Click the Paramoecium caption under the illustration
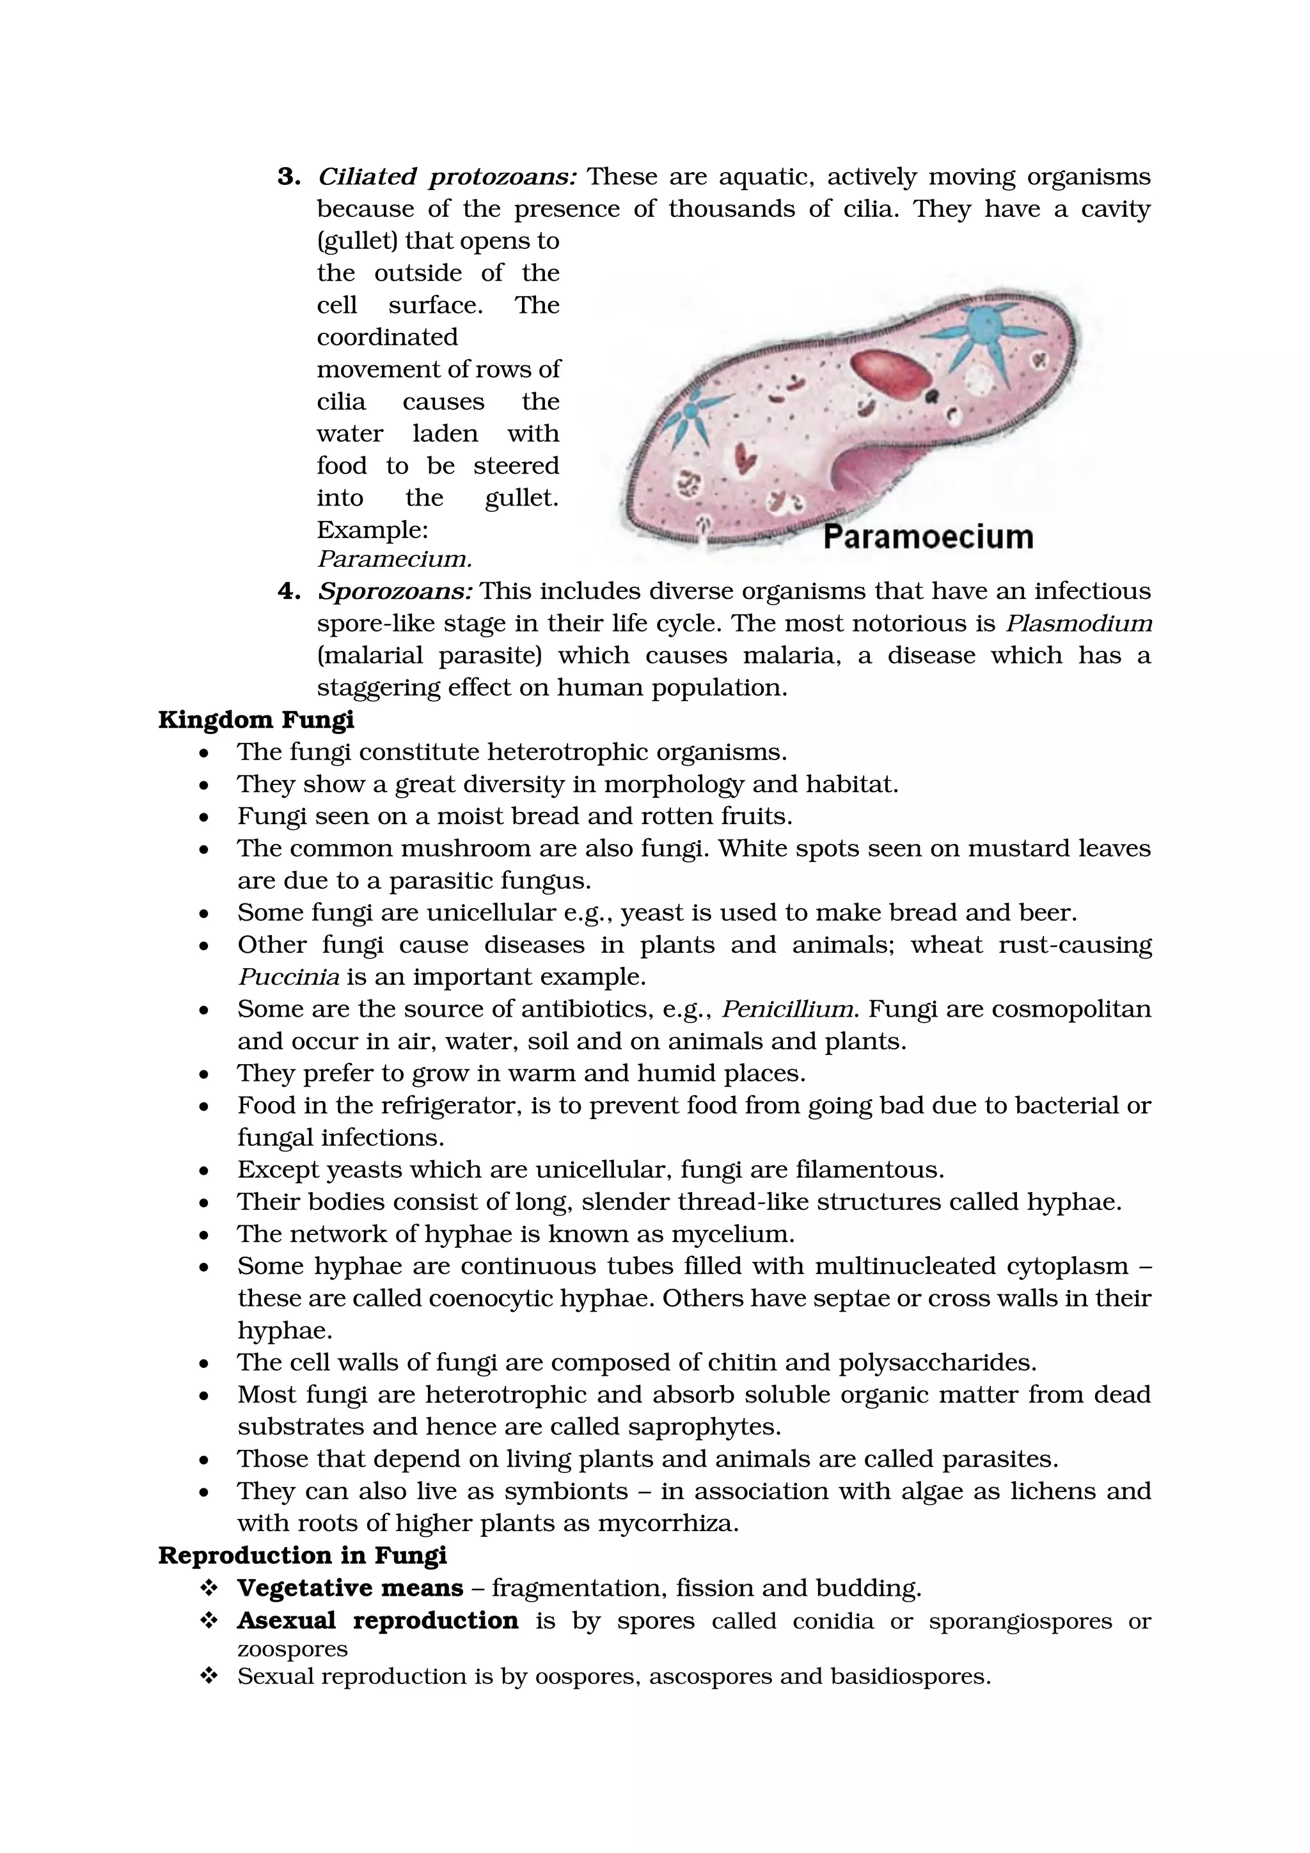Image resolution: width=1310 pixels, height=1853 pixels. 927,537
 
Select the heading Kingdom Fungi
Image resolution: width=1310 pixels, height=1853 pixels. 256,720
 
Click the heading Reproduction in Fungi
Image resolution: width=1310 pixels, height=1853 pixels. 303,1555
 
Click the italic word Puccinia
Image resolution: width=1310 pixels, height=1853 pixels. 288,977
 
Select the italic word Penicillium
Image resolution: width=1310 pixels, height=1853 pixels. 787,1010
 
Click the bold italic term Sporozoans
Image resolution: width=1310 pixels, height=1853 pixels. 395,592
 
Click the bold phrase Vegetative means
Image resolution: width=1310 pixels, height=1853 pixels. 350,1587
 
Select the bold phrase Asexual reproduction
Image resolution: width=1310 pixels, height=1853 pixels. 377,1621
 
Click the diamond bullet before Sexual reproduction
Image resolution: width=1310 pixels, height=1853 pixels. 209,1676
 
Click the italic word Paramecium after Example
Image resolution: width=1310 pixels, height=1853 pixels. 395,559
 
